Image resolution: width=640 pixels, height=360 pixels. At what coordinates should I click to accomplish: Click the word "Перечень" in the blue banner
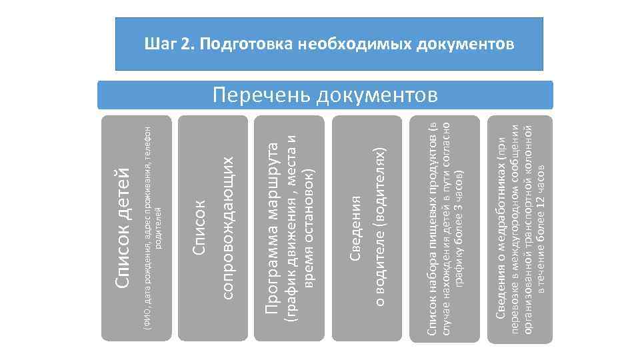(261, 95)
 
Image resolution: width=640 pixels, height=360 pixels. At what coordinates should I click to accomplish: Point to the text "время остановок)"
(308, 227)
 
